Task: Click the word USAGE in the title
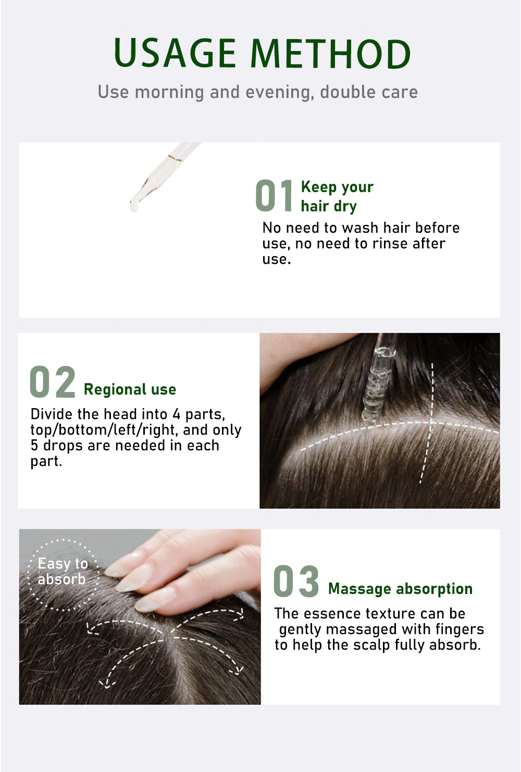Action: [x=175, y=53]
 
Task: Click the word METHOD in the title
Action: [x=331, y=53]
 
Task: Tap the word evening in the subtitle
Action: [x=280, y=93]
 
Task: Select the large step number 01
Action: [x=274, y=195]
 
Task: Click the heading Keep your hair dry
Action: [x=337, y=196]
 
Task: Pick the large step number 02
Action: [x=53, y=382]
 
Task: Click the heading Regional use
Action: [x=130, y=389]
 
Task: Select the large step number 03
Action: [x=296, y=581]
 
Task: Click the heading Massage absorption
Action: [x=400, y=589]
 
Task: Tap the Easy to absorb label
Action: [x=62, y=572]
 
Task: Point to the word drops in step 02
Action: [x=64, y=446]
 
